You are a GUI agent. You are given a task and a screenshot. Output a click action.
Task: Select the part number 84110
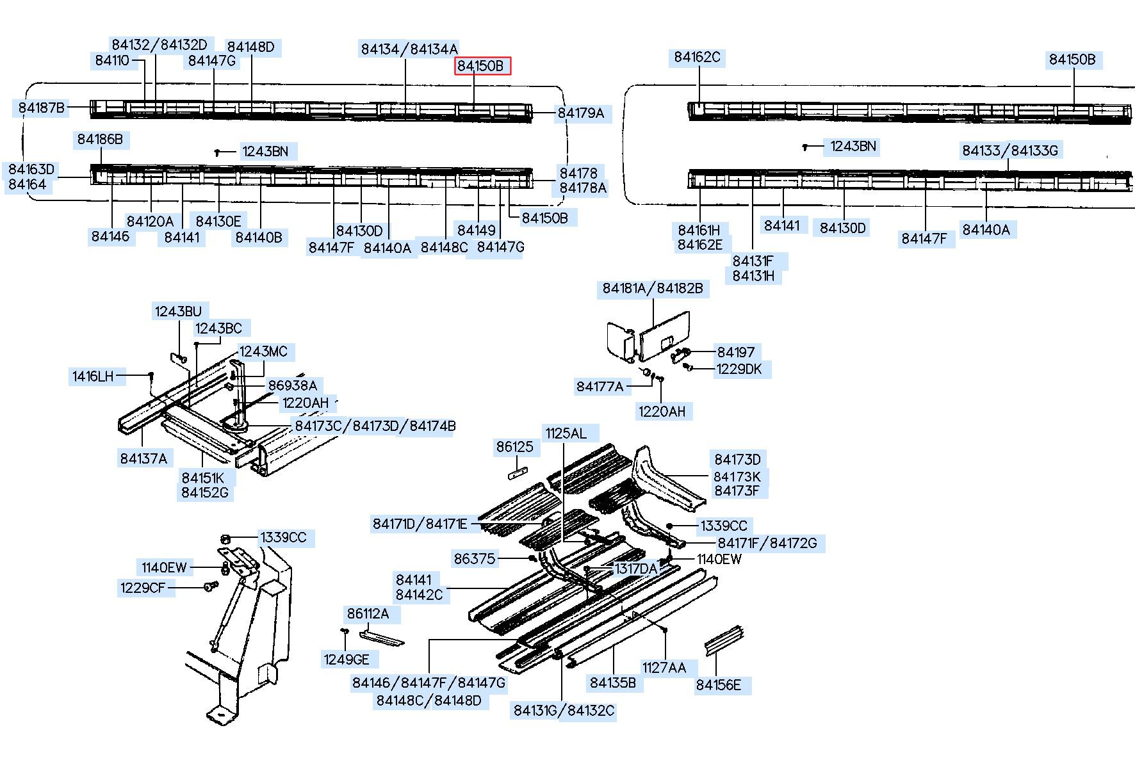pyautogui.click(x=112, y=61)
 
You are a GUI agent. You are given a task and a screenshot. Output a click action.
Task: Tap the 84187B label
pyautogui.click(x=42, y=108)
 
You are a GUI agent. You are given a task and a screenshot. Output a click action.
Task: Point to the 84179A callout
pyautogui.click(x=581, y=113)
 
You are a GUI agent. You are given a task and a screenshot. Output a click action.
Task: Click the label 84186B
pyautogui.click(x=100, y=140)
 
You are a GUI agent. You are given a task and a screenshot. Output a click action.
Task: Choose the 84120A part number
pyautogui.click(x=150, y=222)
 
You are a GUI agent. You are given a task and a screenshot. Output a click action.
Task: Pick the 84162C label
pyautogui.click(x=697, y=58)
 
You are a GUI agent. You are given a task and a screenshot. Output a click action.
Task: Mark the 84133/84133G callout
pyautogui.click(x=1010, y=151)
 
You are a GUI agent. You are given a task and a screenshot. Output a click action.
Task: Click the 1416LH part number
pyautogui.click(x=93, y=376)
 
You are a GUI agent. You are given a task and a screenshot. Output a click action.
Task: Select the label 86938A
pyautogui.click(x=292, y=385)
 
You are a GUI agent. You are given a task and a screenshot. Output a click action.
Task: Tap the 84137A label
pyautogui.click(x=143, y=458)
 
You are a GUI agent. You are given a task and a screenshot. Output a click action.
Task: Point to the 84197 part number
pyautogui.click(x=736, y=352)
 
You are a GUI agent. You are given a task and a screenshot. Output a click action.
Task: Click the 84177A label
pyautogui.click(x=600, y=387)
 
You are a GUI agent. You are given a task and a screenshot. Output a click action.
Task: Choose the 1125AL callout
pyautogui.click(x=566, y=433)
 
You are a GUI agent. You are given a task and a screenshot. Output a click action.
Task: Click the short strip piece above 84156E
pyautogui.click(x=724, y=640)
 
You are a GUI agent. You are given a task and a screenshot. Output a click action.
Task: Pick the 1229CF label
pyautogui.click(x=143, y=588)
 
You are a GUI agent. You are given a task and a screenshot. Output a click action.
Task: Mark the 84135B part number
pyautogui.click(x=613, y=683)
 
